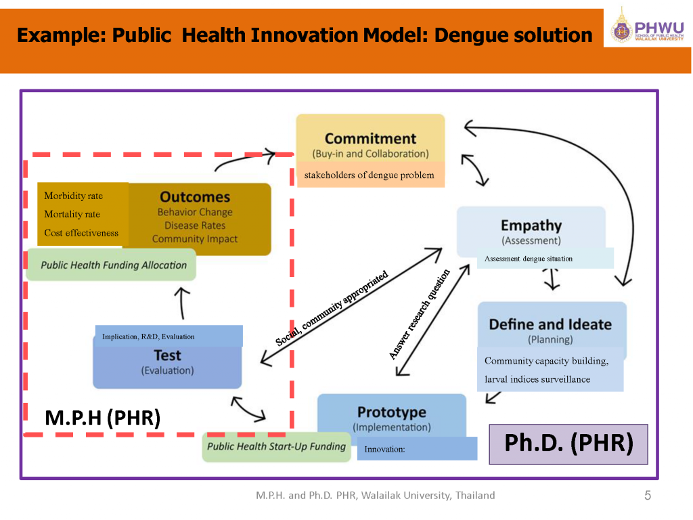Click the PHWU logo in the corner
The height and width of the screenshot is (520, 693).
[x=648, y=26]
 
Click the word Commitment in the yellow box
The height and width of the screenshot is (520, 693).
[x=370, y=138]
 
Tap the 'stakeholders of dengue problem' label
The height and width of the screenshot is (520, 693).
[x=369, y=175]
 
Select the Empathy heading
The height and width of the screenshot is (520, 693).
[x=531, y=225]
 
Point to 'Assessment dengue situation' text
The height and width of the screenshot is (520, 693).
[x=528, y=259]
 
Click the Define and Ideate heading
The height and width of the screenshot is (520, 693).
[x=550, y=324]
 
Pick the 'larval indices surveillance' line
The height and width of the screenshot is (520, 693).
[x=537, y=379]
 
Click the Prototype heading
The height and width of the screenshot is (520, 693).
[x=392, y=412]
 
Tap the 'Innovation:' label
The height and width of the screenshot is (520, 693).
[x=384, y=450]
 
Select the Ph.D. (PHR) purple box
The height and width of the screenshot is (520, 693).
[x=568, y=444]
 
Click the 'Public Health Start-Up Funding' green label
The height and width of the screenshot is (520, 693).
[x=276, y=447]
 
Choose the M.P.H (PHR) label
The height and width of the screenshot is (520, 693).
[x=103, y=418]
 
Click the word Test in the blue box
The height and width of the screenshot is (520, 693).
[x=168, y=355]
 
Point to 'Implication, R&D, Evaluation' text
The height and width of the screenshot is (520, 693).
[x=148, y=337]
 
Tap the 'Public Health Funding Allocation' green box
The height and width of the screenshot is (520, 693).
[x=111, y=265]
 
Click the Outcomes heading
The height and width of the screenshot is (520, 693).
[x=195, y=197]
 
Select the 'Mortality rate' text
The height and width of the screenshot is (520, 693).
[x=72, y=215]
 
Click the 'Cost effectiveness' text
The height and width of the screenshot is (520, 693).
[x=81, y=233]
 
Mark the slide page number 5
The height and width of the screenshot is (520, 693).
[x=648, y=495]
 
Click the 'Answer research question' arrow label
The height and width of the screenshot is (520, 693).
[x=419, y=314]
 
